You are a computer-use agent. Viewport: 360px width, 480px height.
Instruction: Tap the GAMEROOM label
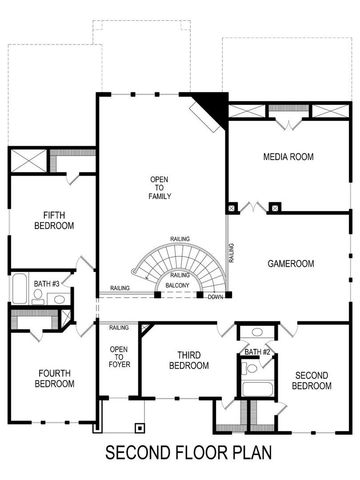(291, 263)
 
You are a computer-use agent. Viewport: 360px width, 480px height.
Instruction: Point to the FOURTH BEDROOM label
(55, 377)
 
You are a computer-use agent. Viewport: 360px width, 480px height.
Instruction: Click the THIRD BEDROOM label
(192, 360)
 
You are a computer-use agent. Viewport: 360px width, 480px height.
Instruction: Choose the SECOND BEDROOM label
(313, 380)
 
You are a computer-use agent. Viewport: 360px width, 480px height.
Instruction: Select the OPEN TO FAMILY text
(159, 187)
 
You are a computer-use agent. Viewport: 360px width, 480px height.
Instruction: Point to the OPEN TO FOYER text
(118, 358)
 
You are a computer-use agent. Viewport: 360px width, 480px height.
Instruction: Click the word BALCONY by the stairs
(179, 286)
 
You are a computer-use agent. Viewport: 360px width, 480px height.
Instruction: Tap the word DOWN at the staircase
(215, 296)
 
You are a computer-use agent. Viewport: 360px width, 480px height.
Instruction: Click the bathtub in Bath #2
(257, 390)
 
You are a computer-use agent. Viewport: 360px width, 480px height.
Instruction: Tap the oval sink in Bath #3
(58, 298)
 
